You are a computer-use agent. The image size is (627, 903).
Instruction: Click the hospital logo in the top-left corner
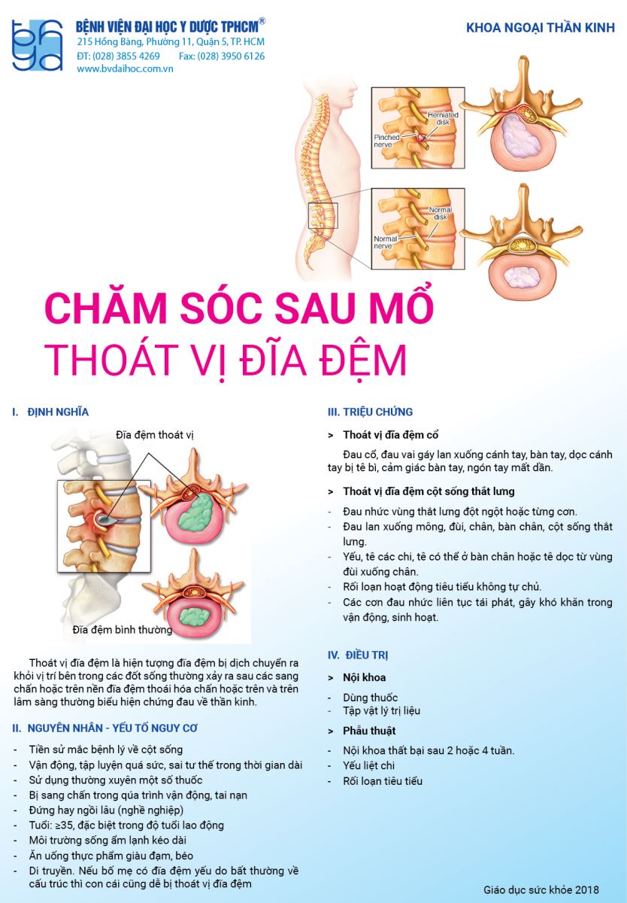tap(38, 45)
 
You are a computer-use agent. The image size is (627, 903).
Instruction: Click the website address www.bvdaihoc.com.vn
tap(125, 69)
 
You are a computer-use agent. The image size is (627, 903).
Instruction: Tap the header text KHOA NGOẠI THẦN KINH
tap(540, 28)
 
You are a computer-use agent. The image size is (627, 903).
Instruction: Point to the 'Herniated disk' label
tap(443, 118)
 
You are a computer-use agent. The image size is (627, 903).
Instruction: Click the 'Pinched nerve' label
tap(386, 141)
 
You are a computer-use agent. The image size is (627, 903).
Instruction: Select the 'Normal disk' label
tap(440, 213)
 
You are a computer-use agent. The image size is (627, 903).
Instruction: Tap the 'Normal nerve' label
tap(385, 242)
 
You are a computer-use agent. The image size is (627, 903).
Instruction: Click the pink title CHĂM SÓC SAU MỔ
tap(239, 308)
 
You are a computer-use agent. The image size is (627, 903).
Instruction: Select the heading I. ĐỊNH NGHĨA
tap(50, 412)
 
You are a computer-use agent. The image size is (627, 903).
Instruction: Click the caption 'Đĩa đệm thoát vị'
tap(155, 435)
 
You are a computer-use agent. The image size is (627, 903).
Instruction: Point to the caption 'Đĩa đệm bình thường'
tap(122, 630)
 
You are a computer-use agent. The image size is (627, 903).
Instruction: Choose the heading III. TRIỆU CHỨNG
tap(370, 412)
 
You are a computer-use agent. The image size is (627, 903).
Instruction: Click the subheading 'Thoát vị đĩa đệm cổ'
tap(390, 435)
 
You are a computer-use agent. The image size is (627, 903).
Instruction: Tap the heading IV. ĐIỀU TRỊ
tap(358, 655)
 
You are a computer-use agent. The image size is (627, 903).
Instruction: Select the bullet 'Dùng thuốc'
tap(370, 698)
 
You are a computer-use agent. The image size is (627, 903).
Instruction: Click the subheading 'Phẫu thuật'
tap(369, 731)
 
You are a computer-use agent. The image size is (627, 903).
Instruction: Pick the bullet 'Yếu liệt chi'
tap(368, 765)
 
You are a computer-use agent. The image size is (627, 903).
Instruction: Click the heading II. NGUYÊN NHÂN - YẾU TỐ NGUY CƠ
tap(104, 728)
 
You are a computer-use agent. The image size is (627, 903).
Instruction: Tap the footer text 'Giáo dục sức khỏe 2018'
tap(541, 889)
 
